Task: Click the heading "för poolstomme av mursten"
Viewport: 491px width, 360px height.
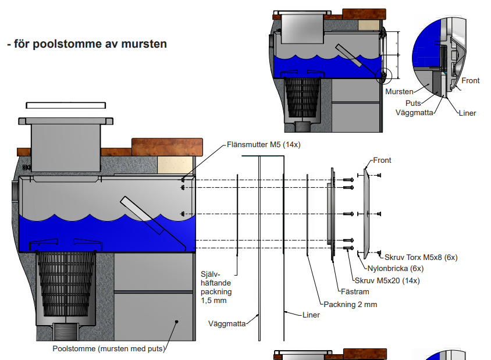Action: (87, 44)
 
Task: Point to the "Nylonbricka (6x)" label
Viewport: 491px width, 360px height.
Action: (395, 269)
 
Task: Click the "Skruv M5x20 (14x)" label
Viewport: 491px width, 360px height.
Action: (387, 281)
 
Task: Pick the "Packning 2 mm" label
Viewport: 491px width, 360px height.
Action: (350, 304)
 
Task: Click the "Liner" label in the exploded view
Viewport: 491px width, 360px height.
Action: (311, 315)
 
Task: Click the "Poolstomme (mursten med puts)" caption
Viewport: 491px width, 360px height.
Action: (108, 349)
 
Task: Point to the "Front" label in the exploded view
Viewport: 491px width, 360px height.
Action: (382, 161)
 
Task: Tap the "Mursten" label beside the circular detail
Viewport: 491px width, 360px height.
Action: (399, 91)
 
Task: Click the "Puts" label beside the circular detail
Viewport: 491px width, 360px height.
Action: (414, 103)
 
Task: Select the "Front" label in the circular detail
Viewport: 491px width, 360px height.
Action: (470, 81)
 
